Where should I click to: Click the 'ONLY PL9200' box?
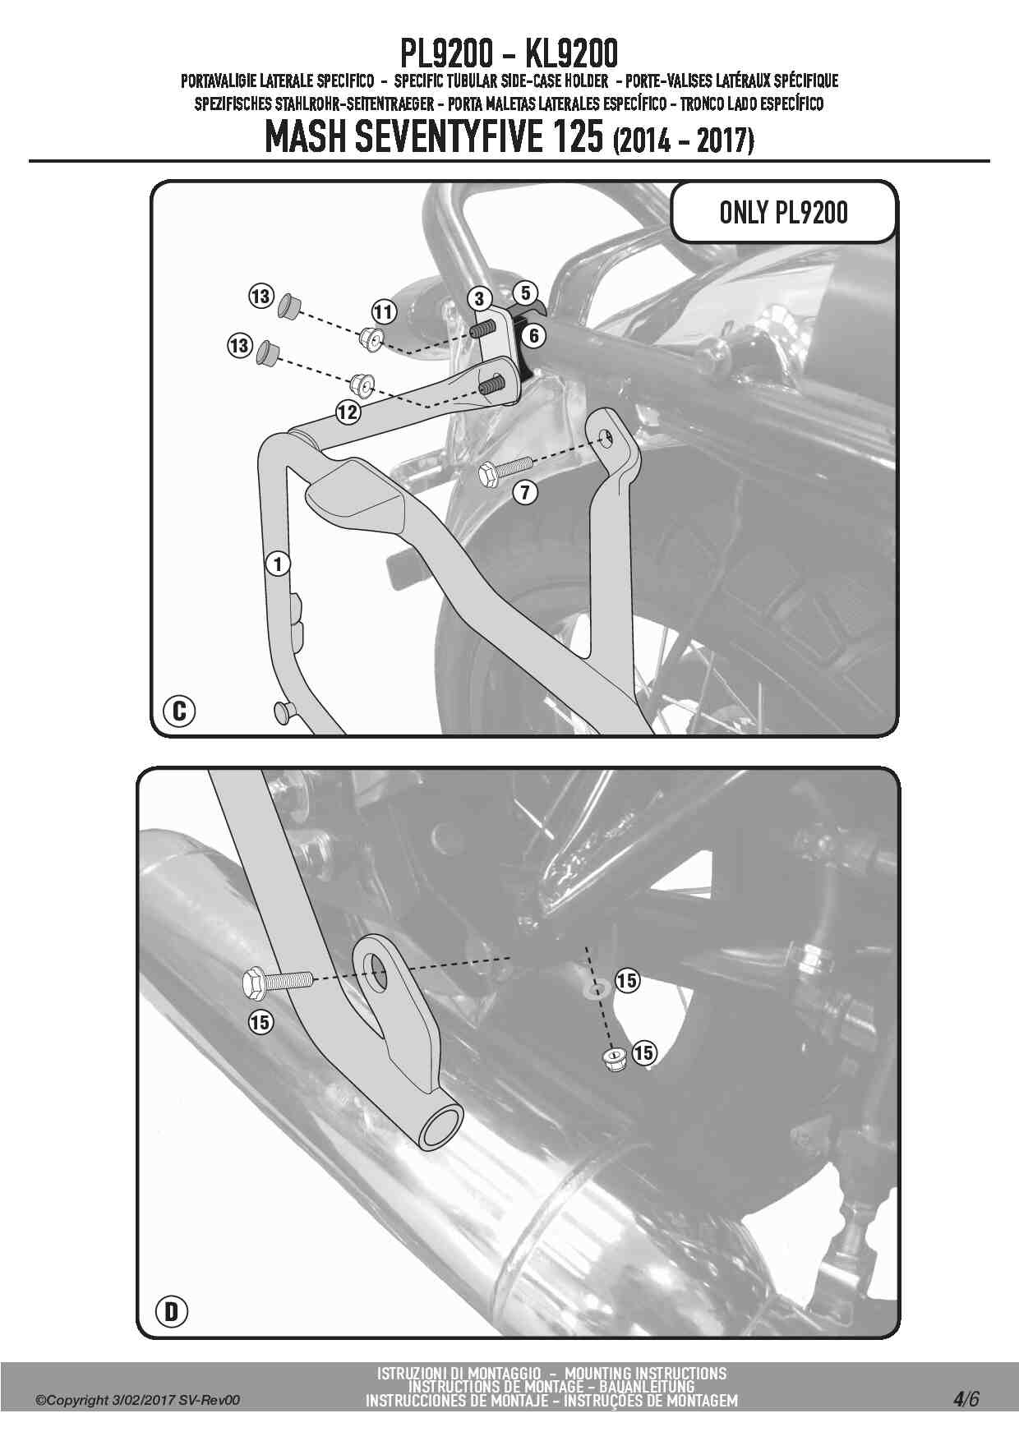pos(783,212)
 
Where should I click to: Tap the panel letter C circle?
pos(180,710)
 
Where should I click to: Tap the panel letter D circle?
pos(171,1311)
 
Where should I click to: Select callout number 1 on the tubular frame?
pos(279,564)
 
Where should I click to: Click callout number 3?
pos(480,298)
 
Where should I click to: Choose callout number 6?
pos(534,335)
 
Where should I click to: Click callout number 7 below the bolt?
pos(525,492)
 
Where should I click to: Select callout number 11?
pos(384,312)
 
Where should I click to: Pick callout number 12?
pos(348,412)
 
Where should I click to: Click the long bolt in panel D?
pos(278,981)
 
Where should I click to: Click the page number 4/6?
pos(966,1399)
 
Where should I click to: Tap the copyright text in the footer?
pos(138,1400)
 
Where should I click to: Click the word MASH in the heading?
pos(305,137)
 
